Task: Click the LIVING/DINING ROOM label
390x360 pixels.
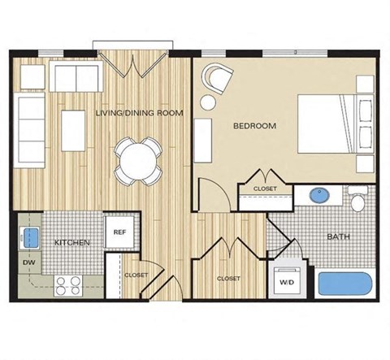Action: coord(138,112)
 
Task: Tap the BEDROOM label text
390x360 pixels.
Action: coord(254,126)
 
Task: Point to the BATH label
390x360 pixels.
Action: coord(338,237)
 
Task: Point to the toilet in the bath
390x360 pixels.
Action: coord(357,199)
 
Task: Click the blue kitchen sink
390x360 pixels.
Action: coord(32,236)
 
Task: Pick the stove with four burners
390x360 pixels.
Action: coord(68,284)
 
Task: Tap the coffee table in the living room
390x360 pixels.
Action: coord(73,130)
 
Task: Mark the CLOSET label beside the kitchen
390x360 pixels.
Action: coord(136,275)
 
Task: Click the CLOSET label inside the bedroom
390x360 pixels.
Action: coord(265,189)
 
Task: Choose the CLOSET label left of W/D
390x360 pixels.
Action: coord(228,279)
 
